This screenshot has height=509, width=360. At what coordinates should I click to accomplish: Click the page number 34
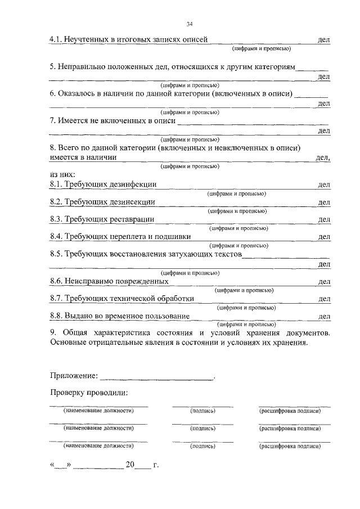(189, 24)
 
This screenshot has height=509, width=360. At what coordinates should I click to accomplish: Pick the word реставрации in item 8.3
(131, 219)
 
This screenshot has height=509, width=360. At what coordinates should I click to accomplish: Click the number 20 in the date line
(130, 465)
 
